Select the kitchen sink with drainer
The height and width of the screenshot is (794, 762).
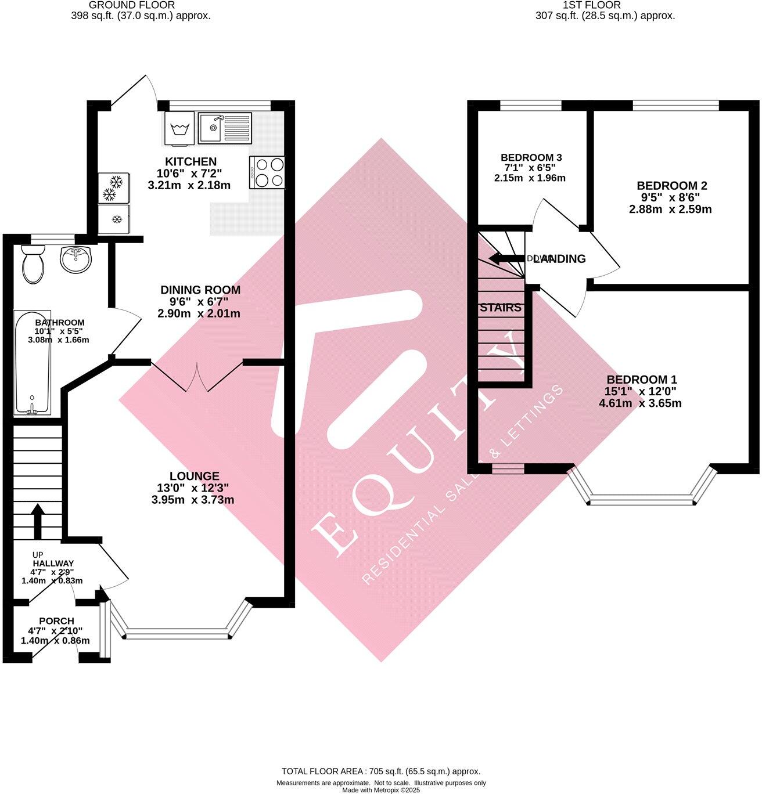pos(225,128)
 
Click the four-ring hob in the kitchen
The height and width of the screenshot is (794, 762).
pos(267,172)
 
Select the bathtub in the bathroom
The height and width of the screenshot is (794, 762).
pos(32,363)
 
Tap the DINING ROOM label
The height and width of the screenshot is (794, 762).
pos(200,290)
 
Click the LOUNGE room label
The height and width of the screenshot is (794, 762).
pos(195,476)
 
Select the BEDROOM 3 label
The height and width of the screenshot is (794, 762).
pos(531,157)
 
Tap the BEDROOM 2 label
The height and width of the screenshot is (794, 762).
pos(671,186)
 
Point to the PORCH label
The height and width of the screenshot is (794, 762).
pos(56,621)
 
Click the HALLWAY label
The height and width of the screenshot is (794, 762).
pos(53,563)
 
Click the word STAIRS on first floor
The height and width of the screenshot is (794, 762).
pos(501,308)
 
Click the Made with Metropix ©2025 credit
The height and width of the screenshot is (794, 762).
pos(381,790)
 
